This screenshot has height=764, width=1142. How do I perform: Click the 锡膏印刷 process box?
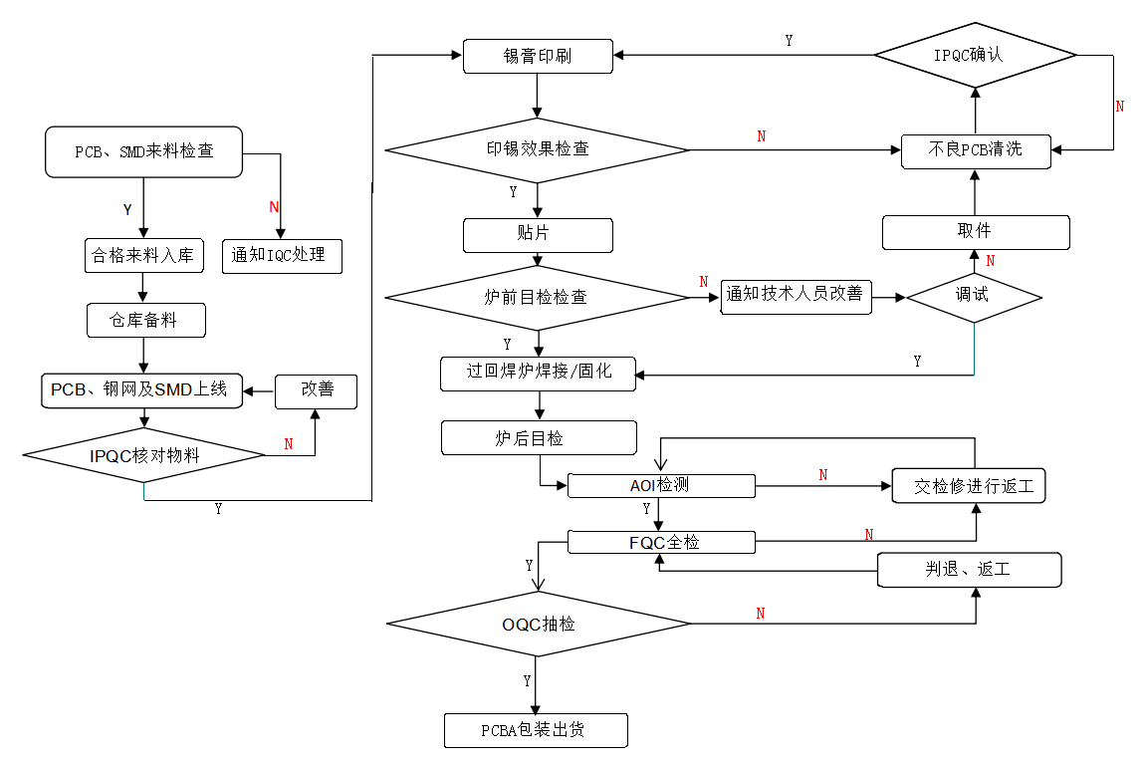tap(538, 56)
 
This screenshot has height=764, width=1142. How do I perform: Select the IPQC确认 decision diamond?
tap(975, 54)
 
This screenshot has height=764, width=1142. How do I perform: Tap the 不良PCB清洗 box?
tap(975, 150)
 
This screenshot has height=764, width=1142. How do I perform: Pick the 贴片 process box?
tap(538, 235)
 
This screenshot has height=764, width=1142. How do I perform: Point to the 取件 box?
tap(975, 231)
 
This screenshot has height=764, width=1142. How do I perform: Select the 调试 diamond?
tap(974, 296)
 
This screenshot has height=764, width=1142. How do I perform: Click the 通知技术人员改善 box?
tap(795, 296)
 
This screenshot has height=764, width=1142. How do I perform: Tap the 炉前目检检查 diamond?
tap(537, 297)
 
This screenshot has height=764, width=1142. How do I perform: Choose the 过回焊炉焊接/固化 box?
tap(539, 374)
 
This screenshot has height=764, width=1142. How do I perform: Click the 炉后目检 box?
tap(539, 437)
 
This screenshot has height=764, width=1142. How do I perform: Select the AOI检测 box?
tap(661, 486)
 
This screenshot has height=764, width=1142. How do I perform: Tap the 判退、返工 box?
tap(968, 570)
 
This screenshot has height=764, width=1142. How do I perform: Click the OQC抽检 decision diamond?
tap(538, 625)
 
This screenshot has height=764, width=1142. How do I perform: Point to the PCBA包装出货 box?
tap(536, 730)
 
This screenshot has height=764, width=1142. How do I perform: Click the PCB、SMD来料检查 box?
tap(143, 151)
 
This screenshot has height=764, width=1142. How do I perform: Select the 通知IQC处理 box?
tap(280, 255)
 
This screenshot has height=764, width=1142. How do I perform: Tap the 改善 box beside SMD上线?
tap(317, 389)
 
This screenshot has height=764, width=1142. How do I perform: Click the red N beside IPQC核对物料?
tap(289, 444)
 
